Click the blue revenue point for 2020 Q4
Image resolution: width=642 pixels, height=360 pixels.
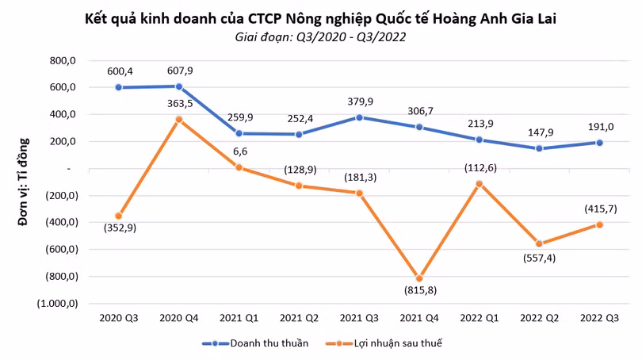pos(179,86)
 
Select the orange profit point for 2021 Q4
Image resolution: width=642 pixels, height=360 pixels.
pos(419,278)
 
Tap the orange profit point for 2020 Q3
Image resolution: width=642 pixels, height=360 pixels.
pos(119,216)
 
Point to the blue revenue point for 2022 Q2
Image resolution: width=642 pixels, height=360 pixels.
pos(539,148)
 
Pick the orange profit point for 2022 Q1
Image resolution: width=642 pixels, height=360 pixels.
pos(480,184)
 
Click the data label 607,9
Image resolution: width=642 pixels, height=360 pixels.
pos(180,71)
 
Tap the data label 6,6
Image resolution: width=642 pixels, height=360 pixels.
pos(240,151)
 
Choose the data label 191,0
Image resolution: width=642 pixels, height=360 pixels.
pos(601,127)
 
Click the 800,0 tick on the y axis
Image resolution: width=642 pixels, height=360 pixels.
pos(63,60)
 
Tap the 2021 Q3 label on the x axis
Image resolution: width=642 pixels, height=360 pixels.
pos(359,318)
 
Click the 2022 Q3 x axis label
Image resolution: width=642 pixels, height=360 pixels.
pos(599,318)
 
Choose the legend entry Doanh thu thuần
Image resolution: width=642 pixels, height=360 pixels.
pos(255,343)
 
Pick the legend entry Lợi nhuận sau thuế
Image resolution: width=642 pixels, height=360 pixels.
pos(384,343)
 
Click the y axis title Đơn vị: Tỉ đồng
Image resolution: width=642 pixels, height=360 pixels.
pos(24,182)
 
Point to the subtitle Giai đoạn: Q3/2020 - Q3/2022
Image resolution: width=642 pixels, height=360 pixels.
pos(320,36)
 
